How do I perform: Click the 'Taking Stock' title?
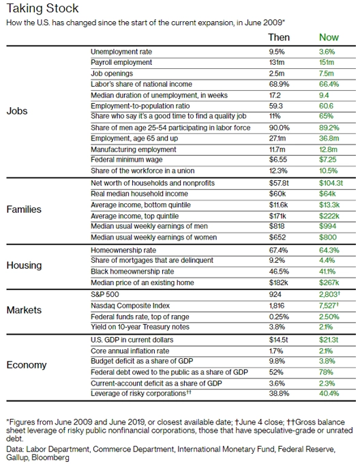[42, 8]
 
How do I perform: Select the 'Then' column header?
[279, 37]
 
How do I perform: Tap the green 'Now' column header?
[329, 37]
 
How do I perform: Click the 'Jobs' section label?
[17, 111]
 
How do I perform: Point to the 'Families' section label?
[24, 209]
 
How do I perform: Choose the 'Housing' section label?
[24, 265]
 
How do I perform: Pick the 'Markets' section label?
[24, 310]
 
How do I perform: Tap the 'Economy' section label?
[27, 365]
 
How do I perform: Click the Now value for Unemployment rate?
[327, 52]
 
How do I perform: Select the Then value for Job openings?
[277, 74]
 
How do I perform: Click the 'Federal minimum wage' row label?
[127, 160]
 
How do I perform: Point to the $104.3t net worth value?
[331, 183]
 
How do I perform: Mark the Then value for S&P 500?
[275, 295]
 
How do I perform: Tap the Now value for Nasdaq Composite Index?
[329, 306]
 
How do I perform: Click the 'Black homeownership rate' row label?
[132, 272]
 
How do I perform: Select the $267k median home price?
[329, 282]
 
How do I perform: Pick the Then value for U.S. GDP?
[279, 340]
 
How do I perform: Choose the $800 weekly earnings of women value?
[328, 237]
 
